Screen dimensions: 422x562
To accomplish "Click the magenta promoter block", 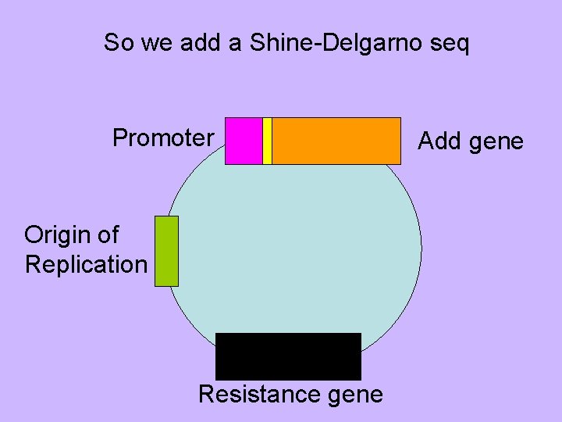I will click(x=244, y=141).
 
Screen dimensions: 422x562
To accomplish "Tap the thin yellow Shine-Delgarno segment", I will click(x=267, y=141).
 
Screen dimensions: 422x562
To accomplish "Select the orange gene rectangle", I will click(x=336, y=141).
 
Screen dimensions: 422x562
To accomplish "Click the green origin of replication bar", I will click(x=166, y=251).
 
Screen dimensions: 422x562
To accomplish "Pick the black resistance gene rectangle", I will click(x=288, y=356).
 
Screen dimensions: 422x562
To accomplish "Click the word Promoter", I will click(x=163, y=138).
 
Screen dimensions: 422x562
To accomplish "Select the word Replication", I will click(x=86, y=264).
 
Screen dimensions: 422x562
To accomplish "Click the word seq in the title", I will click(x=452, y=44).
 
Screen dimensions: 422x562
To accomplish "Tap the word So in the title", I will click(x=119, y=43).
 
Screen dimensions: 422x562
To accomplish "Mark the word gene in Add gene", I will click(x=497, y=142).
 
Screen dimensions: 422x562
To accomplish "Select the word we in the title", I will click(x=156, y=44).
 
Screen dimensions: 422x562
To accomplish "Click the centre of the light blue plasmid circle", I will click(x=295, y=250).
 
